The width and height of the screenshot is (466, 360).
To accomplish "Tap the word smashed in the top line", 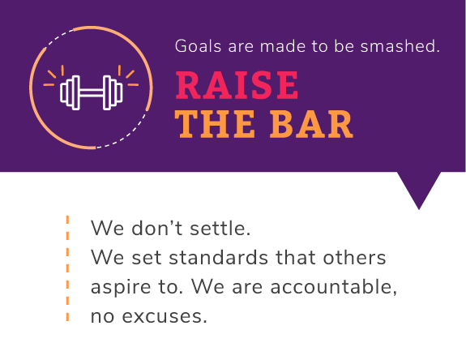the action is (400, 46).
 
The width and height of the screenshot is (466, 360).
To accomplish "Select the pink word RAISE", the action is (237, 85).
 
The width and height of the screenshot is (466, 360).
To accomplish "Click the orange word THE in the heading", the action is (215, 124).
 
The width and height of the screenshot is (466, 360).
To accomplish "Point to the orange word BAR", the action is (311, 124).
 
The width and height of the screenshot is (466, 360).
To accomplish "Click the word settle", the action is (220, 229).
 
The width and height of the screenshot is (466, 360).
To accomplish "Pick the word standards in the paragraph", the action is (219, 257).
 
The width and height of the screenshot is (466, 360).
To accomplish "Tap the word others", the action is (354, 257).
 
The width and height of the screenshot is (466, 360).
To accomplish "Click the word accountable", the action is (333, 286).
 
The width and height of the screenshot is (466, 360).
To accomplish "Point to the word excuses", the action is (165, 316).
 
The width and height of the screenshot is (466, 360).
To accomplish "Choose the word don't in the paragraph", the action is (156, 229).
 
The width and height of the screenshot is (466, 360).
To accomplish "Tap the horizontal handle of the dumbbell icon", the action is (92, 92).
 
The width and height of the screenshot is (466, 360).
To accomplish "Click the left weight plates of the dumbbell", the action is (71, 92).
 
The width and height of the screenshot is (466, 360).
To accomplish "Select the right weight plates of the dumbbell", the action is (113, 92).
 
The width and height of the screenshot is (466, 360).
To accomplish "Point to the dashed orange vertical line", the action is (67, 268).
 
